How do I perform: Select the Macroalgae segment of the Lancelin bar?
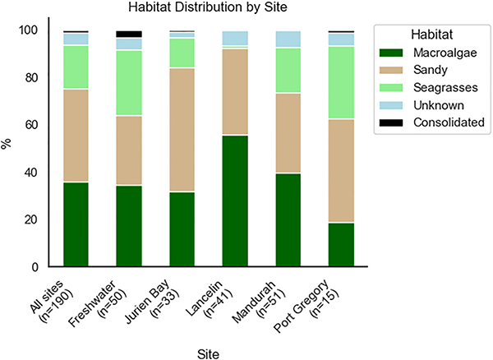235,201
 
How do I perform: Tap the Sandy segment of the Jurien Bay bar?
182,130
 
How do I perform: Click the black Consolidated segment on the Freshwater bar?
129,34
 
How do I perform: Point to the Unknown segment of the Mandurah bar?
288,39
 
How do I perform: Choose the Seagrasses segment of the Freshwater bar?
129,83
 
